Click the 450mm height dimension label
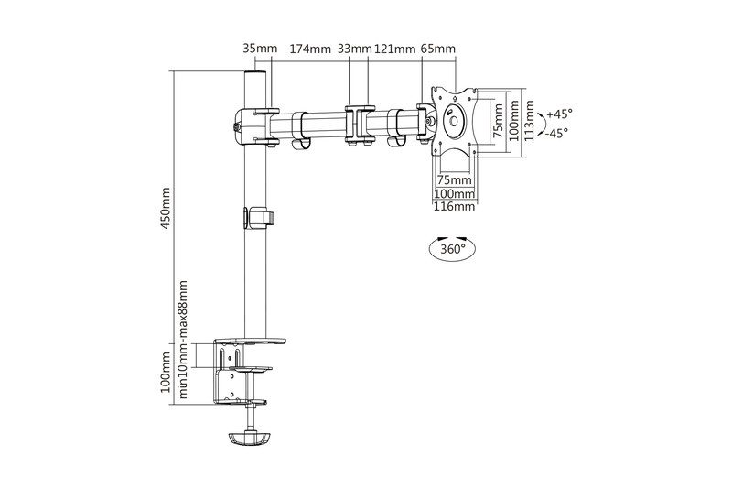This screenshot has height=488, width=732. coord(166,211)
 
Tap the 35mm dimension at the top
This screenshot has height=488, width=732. coord(260,49)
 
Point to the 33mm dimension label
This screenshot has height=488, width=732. coord(354,49)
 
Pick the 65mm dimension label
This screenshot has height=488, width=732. coord(438,49)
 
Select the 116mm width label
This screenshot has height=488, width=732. coord(455,207)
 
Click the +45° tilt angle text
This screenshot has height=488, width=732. coord(558,114)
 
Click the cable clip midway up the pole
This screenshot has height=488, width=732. coord(260,217)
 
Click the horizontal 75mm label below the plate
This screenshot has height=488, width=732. coord(455,180)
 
